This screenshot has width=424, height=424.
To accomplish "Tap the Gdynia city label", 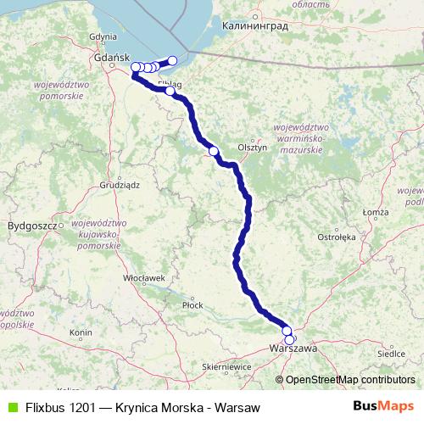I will coord(102,36).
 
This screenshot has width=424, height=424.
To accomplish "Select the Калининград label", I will coord(254,26).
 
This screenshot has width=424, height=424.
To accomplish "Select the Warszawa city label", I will coord(293,349).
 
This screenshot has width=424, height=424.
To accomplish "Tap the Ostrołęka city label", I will coord(337,237).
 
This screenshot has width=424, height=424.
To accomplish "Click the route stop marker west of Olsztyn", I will coord(213,152).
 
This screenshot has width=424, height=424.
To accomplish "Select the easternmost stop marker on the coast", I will coord(173,60).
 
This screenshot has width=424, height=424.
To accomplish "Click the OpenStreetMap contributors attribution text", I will coord(349,379).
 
